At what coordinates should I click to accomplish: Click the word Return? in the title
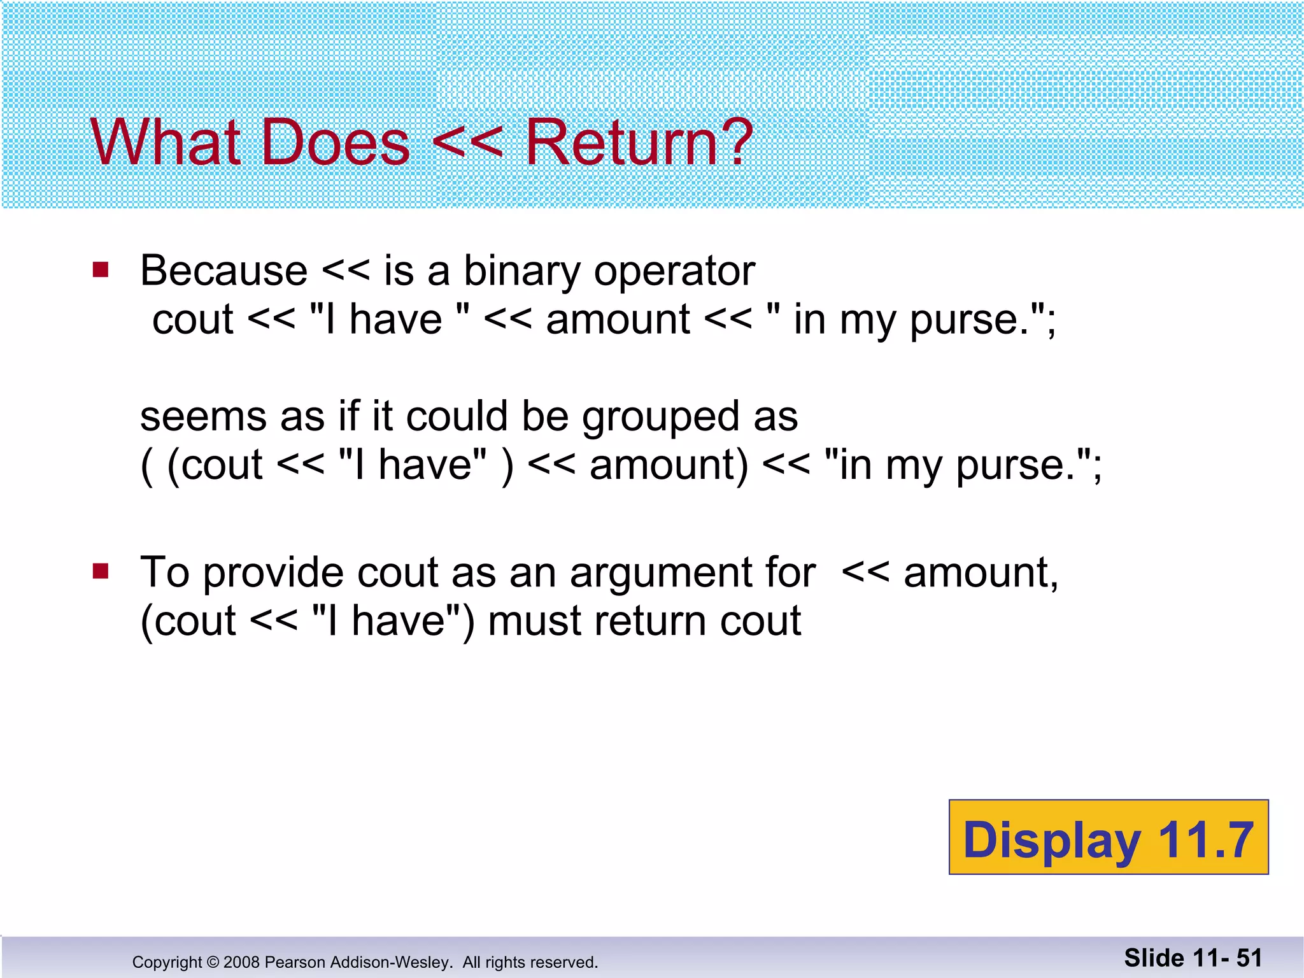(639, 143)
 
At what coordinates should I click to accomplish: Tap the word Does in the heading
(335, 143)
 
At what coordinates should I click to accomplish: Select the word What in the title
(166, 143)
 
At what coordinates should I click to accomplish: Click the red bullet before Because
(101, 270)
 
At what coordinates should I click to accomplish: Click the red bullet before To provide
(101, 570)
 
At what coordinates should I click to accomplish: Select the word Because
(223, 271)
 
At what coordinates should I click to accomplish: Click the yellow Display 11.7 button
(1108, 837)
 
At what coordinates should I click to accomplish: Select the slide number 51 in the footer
(1249, 958)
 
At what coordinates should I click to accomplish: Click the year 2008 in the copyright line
(241, 962)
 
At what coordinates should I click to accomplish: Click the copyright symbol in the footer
(213, 962)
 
